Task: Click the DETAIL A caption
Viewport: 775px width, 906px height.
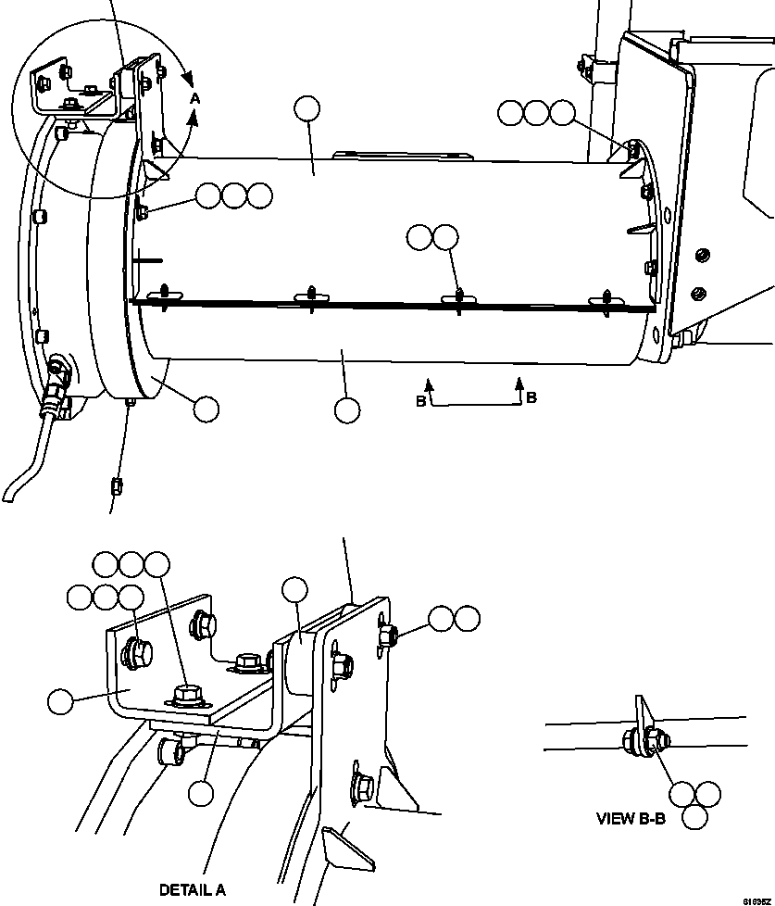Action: click(192, 890)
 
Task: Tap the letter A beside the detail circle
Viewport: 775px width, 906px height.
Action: click(194, 96)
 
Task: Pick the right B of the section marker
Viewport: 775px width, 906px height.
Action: click(531, 397)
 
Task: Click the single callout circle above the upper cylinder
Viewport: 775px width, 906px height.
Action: click(306, 109)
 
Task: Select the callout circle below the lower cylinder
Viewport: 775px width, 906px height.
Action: click(347, 409)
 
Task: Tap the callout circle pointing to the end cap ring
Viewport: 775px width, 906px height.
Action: click(206, 409)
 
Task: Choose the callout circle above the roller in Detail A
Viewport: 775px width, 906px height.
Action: click(295, 589)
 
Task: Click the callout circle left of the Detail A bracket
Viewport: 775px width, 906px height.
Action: click(61, 701)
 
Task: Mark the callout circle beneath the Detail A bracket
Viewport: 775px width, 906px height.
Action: click(201, 793)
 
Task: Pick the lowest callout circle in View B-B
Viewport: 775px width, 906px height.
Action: click(695, 816)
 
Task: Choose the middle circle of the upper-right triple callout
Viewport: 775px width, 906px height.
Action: click(536, 113)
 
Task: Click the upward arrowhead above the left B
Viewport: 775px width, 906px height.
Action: click(429, 381)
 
